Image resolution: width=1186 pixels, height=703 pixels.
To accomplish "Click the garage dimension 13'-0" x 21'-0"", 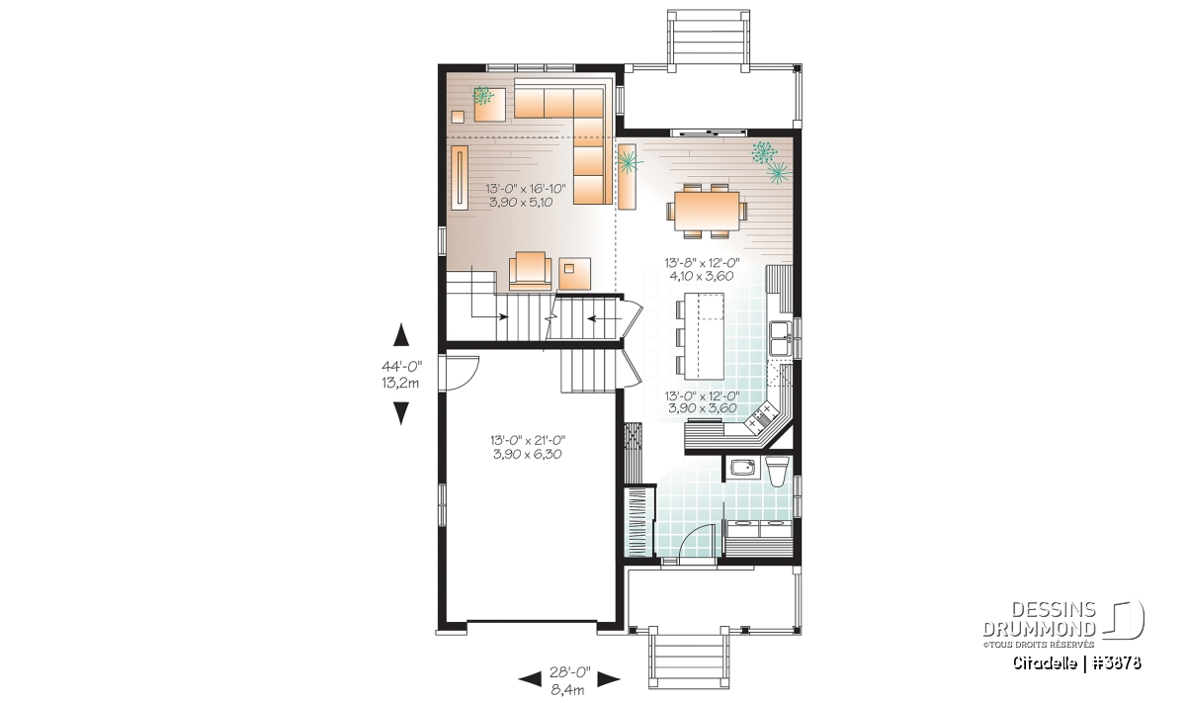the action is click(x=528, y=440).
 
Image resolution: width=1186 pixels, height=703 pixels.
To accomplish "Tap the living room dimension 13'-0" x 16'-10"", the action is click(x=526, y=188).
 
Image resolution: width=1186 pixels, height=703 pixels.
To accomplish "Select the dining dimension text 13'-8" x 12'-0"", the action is click(x=702, y=262).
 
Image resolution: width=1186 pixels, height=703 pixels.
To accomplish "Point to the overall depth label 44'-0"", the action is click(x=402, y=366).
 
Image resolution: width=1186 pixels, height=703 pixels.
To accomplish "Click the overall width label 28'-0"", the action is click(x=569, y=672).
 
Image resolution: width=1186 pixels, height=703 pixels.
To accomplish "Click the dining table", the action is click(x=707, y=211).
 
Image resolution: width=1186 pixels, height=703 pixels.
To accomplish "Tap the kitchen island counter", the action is click(x=705, y=336).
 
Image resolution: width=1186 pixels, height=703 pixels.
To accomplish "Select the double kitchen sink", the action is click(x=781, y=338).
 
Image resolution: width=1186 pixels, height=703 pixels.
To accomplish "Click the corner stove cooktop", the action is click(x=760, y=416).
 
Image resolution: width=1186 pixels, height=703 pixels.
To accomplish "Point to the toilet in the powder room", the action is click(x=777, y=472).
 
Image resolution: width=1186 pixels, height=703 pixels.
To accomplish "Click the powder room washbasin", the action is click(x=744, y=469).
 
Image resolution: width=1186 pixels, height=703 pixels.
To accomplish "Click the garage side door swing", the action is click(x=463, y=374).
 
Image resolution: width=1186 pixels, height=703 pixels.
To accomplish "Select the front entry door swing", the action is click(x=696, y=541).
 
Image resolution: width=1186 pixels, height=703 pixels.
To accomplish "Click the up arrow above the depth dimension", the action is click(x=402, y=335).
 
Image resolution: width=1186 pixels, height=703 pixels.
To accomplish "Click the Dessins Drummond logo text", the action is click(x=1039, y=619).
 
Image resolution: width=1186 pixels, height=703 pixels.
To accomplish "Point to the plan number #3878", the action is click(x=1114, y=662).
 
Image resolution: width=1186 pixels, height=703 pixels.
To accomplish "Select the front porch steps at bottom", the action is click(x=689, y=660).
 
